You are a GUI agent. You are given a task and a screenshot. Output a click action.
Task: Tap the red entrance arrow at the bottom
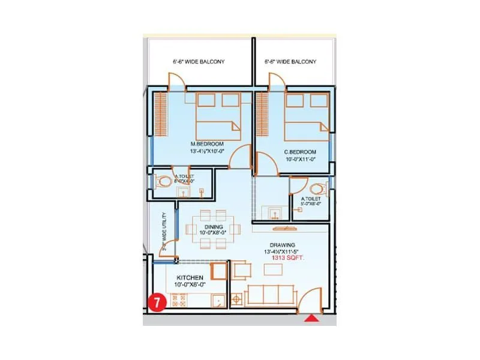tap(311, 320)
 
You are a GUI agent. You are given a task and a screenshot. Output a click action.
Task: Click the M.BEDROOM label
tap(207, 144)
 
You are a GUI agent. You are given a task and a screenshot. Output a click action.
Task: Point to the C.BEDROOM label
tap(300, 152)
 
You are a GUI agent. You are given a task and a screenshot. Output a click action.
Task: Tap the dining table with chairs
tap(208, 230)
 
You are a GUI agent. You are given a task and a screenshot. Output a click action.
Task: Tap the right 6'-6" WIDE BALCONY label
tap(290, 62)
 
